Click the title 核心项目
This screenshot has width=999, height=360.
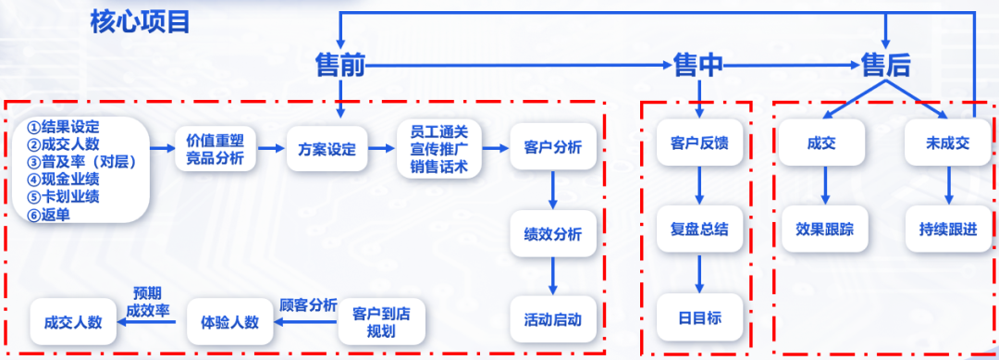(x=140, y=21)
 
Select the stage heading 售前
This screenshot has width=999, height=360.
(x=340, y=65)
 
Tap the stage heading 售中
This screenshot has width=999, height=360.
(x=698, y=65)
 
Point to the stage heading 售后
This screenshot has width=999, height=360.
(x=885, y=65)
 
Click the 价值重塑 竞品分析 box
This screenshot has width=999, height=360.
(x=216, y=149)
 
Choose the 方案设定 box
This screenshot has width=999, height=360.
(x=327, y=149)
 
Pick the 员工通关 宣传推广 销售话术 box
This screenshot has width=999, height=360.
(x=439, y=149)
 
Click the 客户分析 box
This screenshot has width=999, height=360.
(x=552, y=148)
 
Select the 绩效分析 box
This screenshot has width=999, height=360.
(x=552, y=235)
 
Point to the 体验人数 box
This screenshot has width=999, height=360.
(x=229, y=322)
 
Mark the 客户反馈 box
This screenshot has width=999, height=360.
(x=699, y=143)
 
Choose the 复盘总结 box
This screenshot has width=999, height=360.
(x=699, y=229)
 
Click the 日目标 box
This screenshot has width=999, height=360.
(x=699, y=318)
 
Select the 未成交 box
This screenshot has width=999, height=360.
(x=947, y=143)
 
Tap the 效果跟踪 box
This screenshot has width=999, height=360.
(x=825, y=229)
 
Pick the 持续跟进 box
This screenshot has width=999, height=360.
(x=947, y=229)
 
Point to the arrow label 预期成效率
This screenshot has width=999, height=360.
(x=147, y=301)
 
